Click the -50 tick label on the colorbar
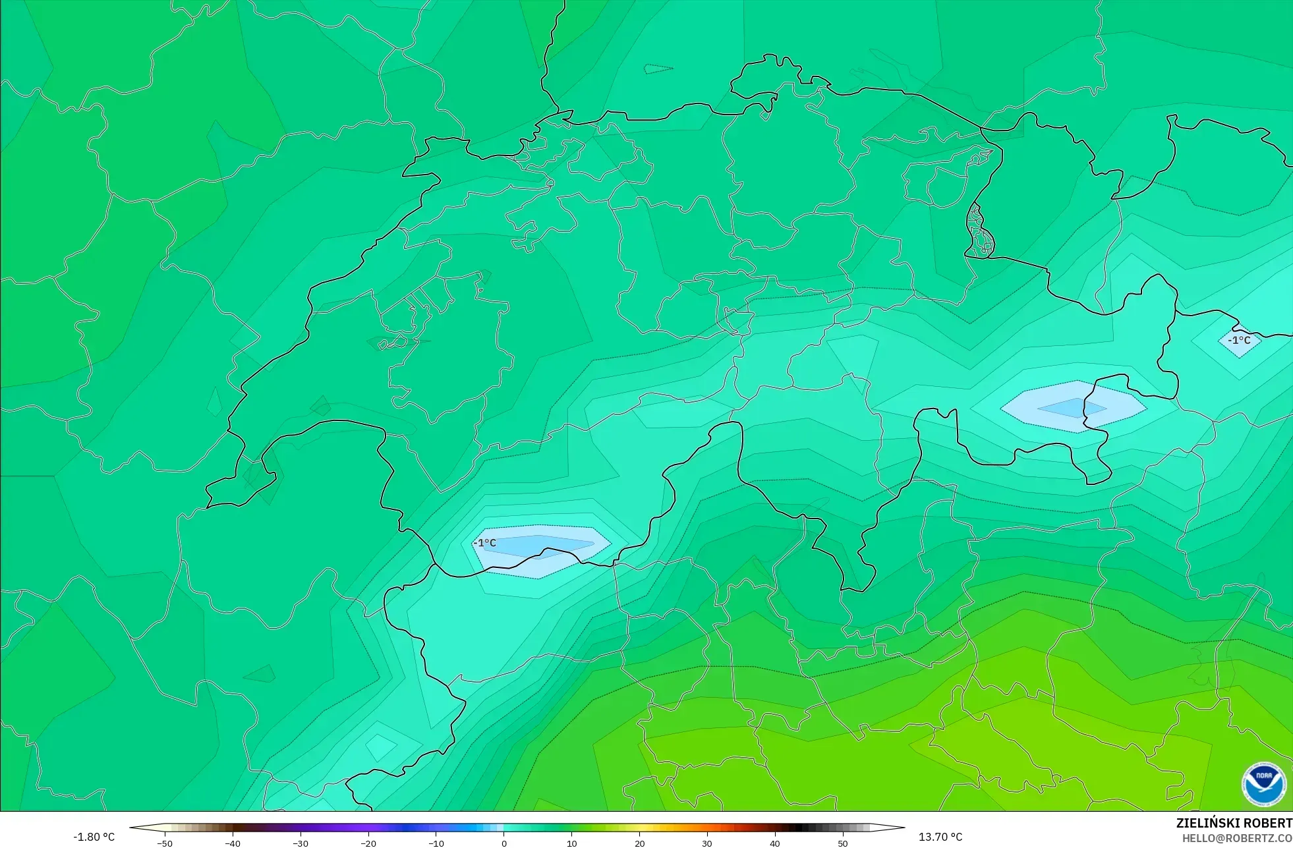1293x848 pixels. [x=165, y=843]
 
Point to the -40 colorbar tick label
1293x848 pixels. [x=233, y=843]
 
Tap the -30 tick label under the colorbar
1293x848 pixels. [x=301, y=843]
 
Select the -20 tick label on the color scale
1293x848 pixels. [x=368, y=843]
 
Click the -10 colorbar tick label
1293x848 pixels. [x=436, y=843]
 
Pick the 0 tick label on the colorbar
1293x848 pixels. [x=504, y=843]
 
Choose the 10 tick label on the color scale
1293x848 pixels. [x=571, y=843]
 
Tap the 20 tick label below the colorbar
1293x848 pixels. [x=639, y=843]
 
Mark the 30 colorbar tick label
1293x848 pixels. [x=707, y=843]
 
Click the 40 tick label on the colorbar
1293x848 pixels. [x=775, y=843]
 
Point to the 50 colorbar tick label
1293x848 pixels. [x=843, y=843]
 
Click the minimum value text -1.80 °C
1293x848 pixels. [x=94, y=837]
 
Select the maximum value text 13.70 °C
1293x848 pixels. [x=940, y=837]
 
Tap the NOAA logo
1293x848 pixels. [x=1263, y=784]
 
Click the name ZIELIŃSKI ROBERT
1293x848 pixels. [x=1234, y=823]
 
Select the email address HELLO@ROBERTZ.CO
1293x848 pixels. [x=1237, y=839]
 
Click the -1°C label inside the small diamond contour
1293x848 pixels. [x=1239, y=341]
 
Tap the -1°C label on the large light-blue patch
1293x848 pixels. [x=486, y=543]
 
